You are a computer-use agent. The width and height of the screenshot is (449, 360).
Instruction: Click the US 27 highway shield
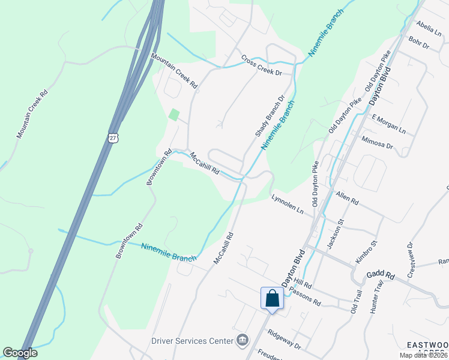114,137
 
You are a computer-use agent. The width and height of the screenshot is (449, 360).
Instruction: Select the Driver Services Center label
191,341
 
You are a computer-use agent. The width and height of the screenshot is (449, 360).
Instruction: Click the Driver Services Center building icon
243,340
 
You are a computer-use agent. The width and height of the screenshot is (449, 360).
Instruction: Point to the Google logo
20,353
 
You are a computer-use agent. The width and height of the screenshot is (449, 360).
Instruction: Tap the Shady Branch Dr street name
270,116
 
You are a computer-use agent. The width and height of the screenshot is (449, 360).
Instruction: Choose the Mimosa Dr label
377,142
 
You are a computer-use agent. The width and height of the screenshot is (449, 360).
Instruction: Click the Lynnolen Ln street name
288,204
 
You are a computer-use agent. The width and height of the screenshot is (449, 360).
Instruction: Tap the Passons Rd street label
305,296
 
